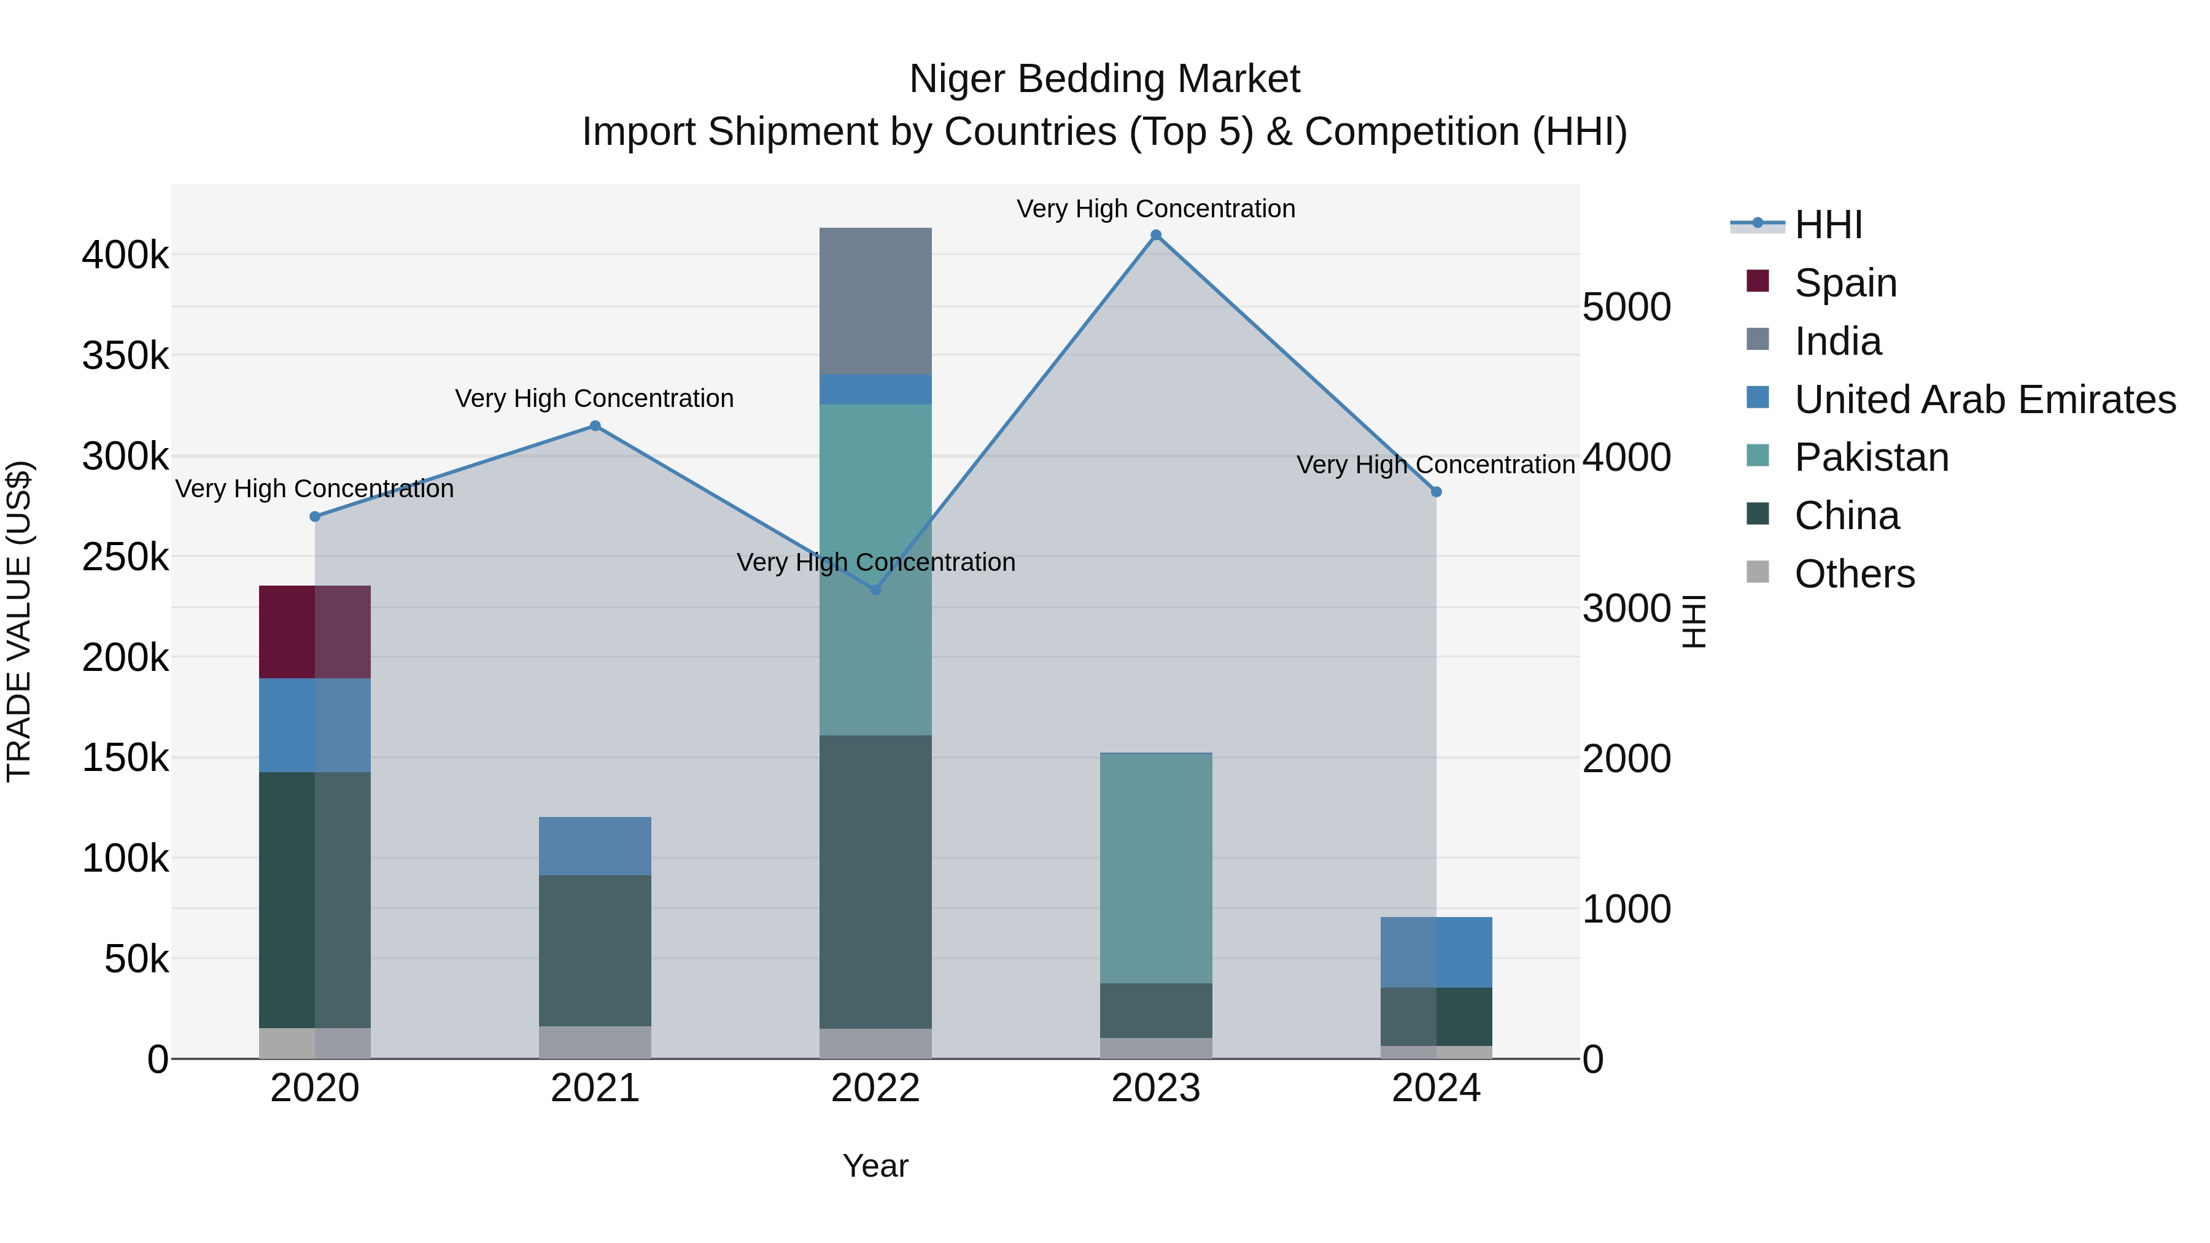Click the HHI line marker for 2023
1155,235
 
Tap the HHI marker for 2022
875,589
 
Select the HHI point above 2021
594,425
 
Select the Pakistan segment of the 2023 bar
1155,867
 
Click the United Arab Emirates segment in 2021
594,845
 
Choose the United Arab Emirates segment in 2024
1436,951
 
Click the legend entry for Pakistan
1871,457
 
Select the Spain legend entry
1845,282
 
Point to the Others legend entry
1853,574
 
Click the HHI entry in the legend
1828,225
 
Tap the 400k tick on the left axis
125,255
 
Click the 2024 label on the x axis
1436,1088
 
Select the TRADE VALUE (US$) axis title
19,621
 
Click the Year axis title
875,1165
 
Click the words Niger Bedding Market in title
1104,79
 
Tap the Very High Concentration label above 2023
1155,209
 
